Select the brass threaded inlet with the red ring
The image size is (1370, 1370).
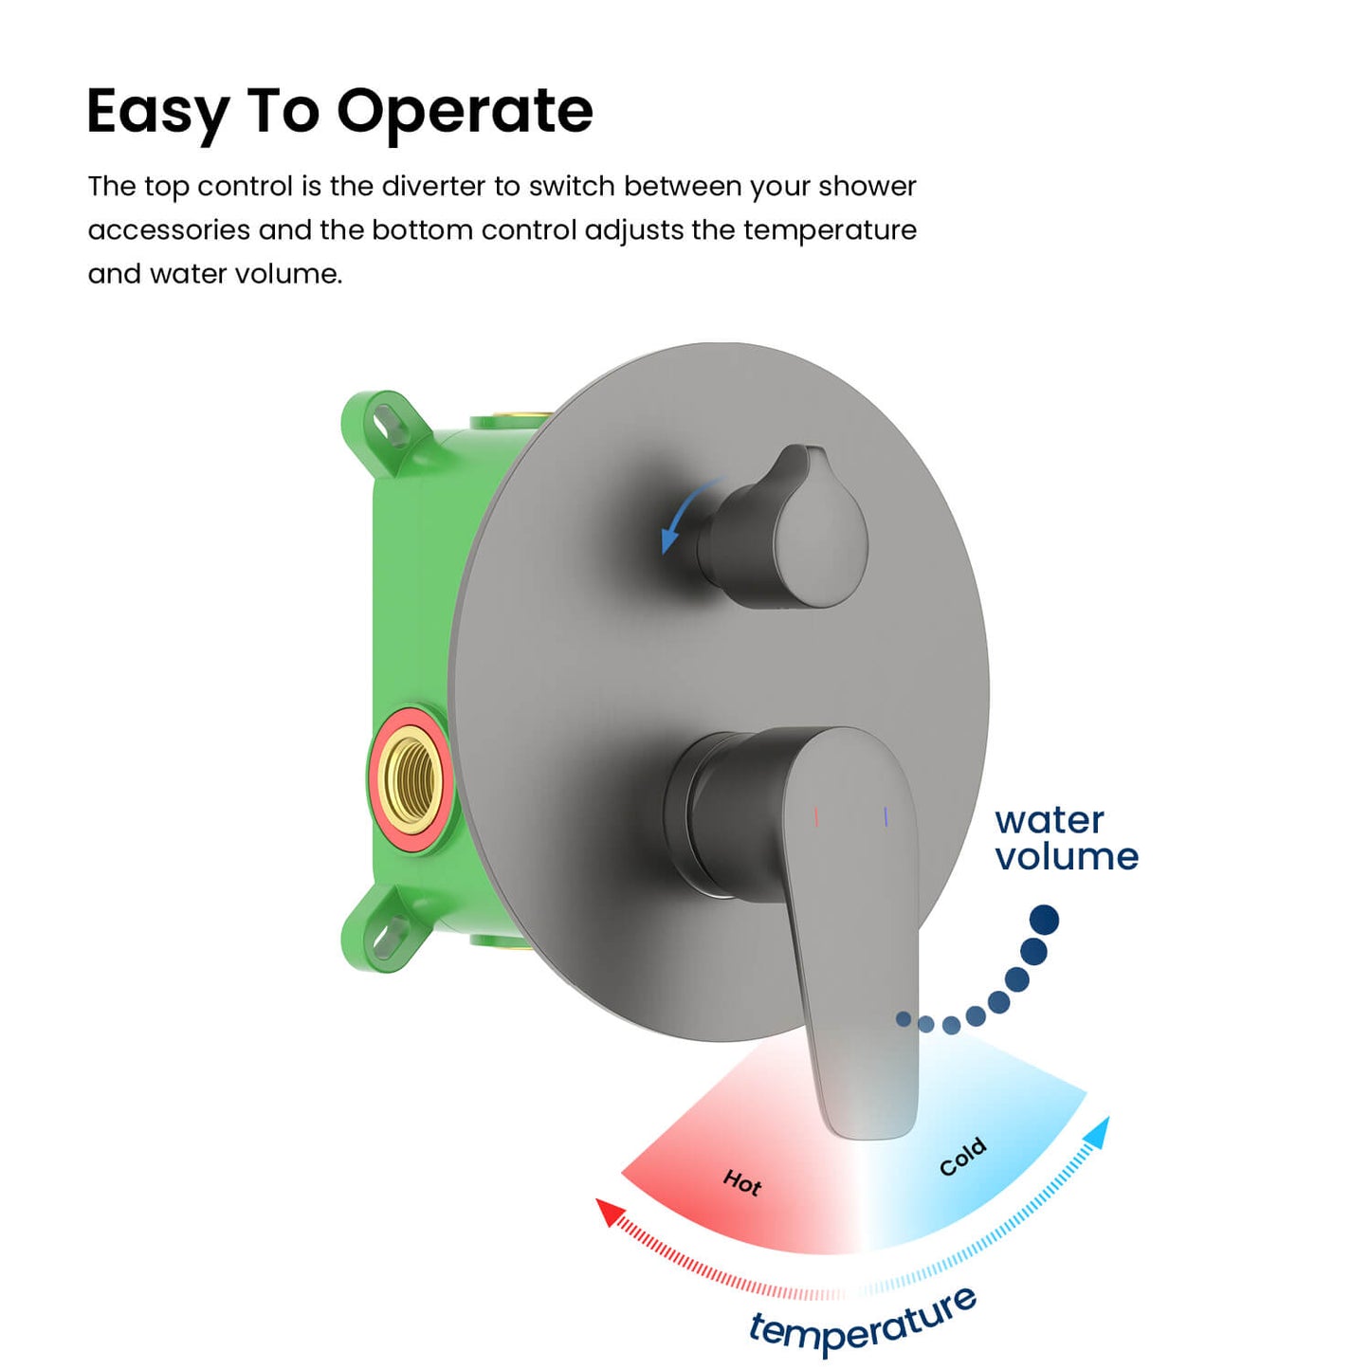(409, 778)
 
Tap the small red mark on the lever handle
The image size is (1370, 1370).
(816, 817)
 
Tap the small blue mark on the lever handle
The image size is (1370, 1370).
(886, 817)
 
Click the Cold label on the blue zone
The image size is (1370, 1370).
(963, 1158)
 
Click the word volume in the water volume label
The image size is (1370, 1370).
(1068, 857)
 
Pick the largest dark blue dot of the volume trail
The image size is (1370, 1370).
(1045, 920)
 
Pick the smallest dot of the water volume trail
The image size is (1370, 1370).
(904, 1019)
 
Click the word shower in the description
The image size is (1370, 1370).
(868, 186)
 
